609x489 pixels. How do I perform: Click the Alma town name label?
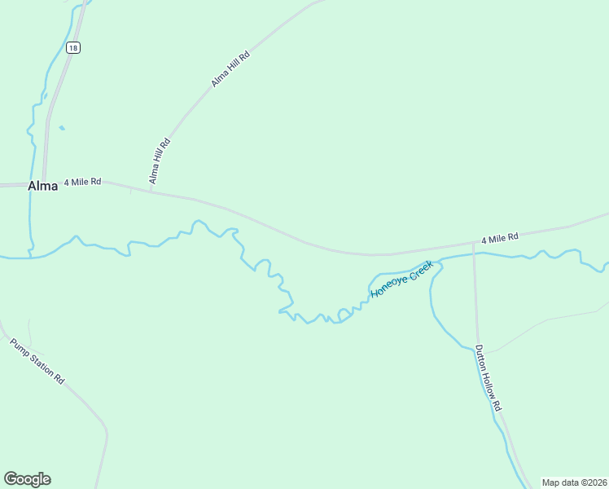42,186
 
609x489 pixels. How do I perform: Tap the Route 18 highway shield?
73,48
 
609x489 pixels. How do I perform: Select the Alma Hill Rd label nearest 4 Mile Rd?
159,161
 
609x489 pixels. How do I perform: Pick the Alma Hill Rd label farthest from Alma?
230,68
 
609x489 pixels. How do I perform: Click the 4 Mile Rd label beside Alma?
82,181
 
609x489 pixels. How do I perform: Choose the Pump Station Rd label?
37,360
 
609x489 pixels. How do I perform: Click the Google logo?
27,479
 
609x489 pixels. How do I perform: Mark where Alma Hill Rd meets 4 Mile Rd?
151,192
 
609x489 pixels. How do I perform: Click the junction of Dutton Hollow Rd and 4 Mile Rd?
474,243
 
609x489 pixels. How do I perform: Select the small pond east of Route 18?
61,127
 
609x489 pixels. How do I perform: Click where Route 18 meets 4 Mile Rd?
45,185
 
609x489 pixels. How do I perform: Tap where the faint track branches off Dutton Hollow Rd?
487,352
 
